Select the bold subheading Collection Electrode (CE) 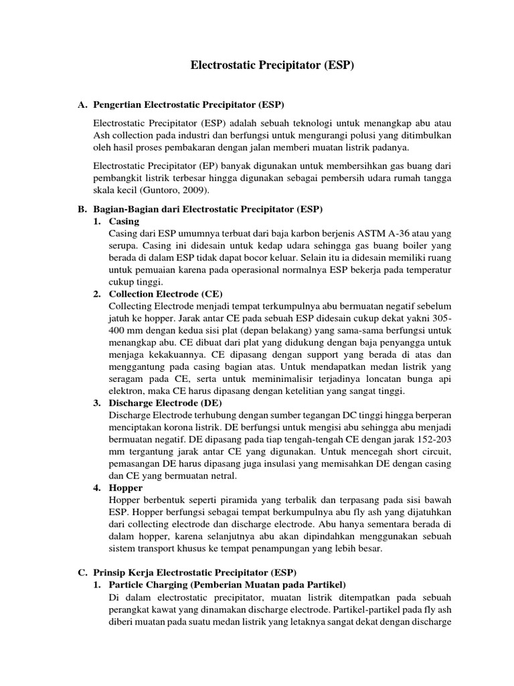click(x=165, y=293)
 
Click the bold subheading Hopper click(x=125, y=488)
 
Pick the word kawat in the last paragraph click(x=169, y=609)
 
